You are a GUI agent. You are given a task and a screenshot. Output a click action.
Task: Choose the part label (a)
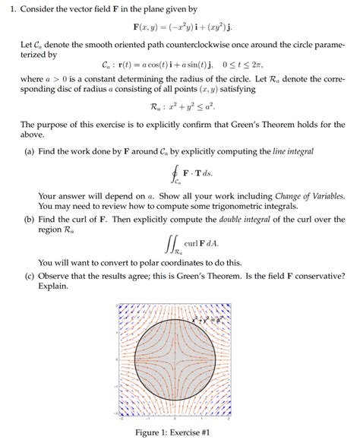[x=29, y=152]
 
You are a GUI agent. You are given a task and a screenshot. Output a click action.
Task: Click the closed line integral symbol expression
[x=185, y=174]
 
